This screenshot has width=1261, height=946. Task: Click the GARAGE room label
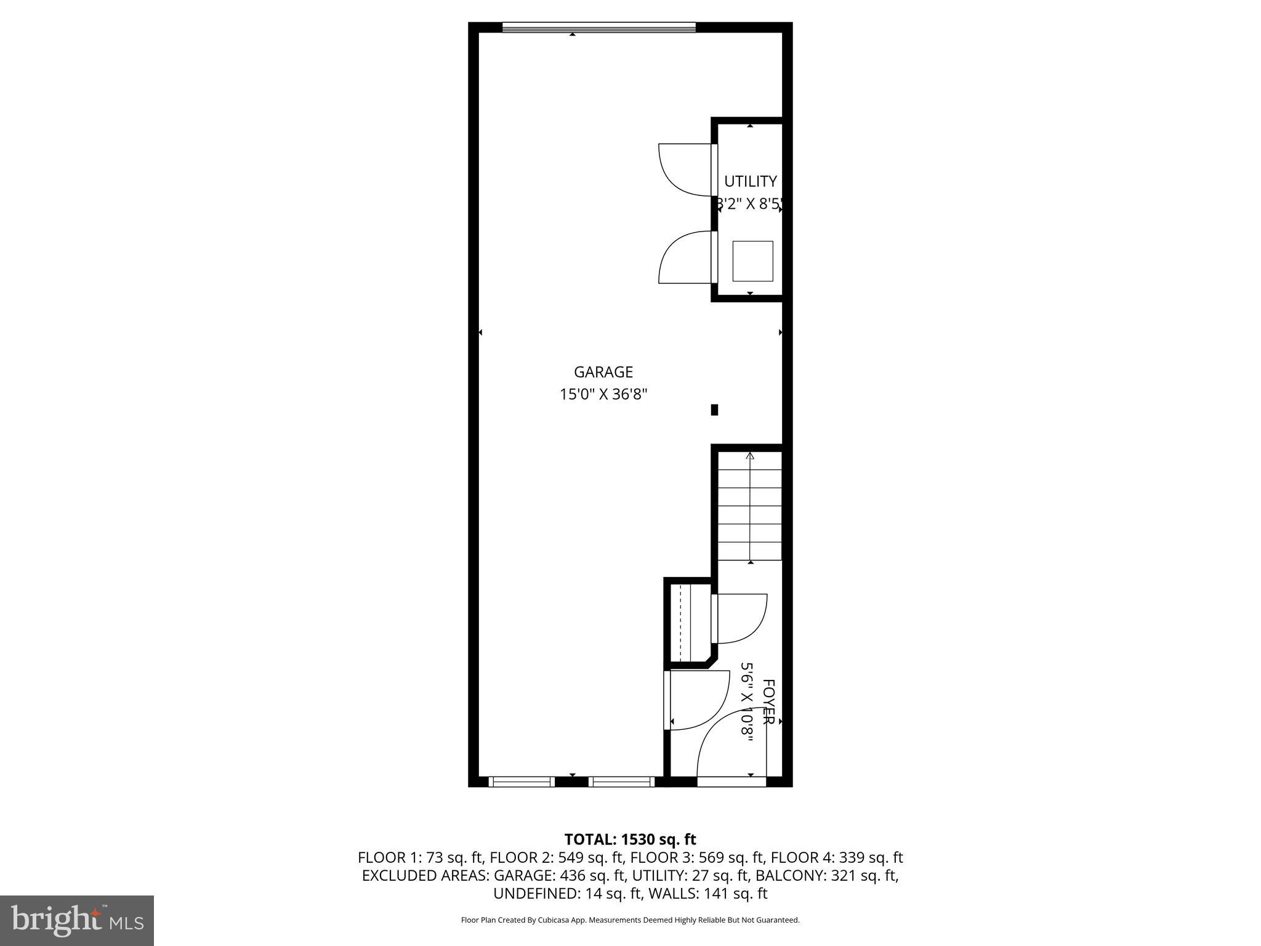click(603, 372)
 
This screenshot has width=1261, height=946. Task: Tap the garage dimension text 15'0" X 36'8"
click(603, 394)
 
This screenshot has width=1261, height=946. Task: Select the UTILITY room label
click(750, 182)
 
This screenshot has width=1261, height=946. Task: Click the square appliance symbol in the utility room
click(752, 261)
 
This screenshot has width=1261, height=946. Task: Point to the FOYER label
click(768, 701)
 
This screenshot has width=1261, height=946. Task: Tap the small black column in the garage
click(714, 410)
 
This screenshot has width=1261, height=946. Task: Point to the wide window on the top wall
click(598, 27)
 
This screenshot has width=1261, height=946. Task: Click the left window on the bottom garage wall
click(522, 782)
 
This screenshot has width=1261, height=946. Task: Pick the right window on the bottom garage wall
click(621, 782)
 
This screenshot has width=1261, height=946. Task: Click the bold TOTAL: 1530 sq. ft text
click(630, 839)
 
